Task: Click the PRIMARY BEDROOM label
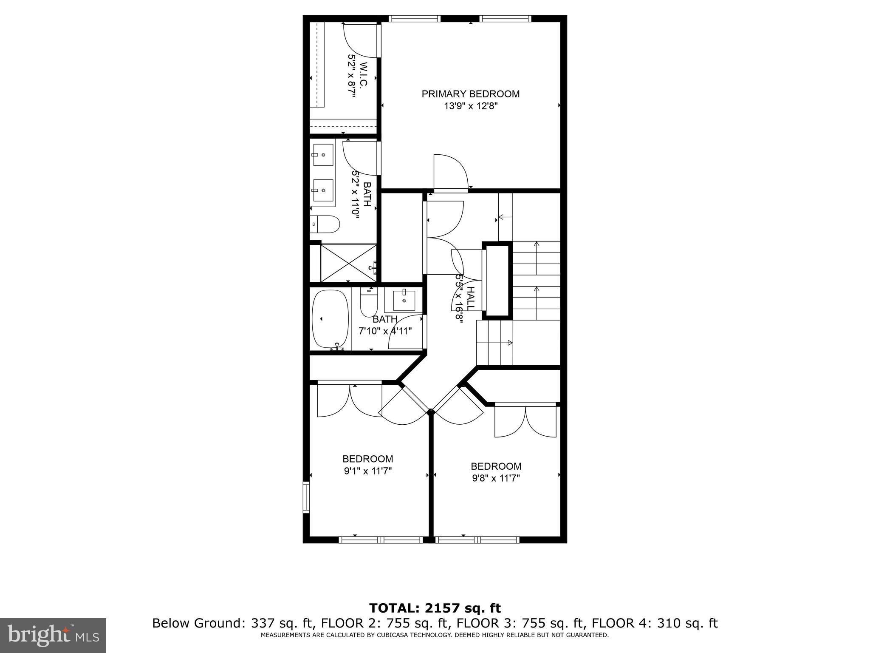470,94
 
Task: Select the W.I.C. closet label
363,75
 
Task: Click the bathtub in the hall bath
330,319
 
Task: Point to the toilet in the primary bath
325,224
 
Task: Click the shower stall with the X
349,262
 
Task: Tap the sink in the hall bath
403,301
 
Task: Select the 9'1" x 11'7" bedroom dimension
367,471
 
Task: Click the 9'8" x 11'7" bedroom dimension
496,478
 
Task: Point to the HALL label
470,298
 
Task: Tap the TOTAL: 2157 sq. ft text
435,608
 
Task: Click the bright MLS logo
53,635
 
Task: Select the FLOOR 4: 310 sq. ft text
655,623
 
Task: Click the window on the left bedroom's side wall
306,497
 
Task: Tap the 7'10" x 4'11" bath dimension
385,331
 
